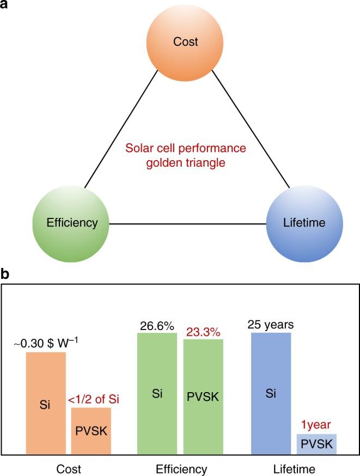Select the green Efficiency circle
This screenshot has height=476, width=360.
pyautogui.click(x=65, y=222)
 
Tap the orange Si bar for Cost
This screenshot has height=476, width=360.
pyautogui.click(x=46, y=403)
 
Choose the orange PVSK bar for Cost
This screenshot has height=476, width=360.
pyautogui.click(x=91, y=431)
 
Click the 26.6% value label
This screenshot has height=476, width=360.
pyautogui.click(x=157, y=326)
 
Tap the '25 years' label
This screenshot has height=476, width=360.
pyautogui.click(x=271, y=325)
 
